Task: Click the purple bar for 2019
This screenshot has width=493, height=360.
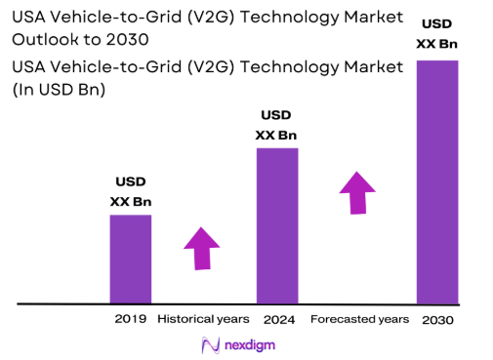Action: tap(130, 258)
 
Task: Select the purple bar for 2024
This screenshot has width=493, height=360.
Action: tap(276, 225)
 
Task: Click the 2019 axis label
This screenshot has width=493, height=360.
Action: tap(130, 319)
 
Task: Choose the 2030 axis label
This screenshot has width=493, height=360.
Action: tap(439, 320)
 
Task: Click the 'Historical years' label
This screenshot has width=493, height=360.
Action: tap(203, 319)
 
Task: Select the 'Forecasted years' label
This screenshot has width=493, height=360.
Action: tap(359, 319)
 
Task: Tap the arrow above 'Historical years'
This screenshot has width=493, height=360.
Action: tap(202, 248)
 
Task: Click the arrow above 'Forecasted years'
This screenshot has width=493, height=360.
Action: tap(357, 192)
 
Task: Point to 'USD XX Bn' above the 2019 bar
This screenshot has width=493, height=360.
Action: tap(130, 191)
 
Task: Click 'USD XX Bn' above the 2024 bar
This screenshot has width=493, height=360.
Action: tap(276, 125)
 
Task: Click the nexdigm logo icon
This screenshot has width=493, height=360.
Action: tap(209, 344)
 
